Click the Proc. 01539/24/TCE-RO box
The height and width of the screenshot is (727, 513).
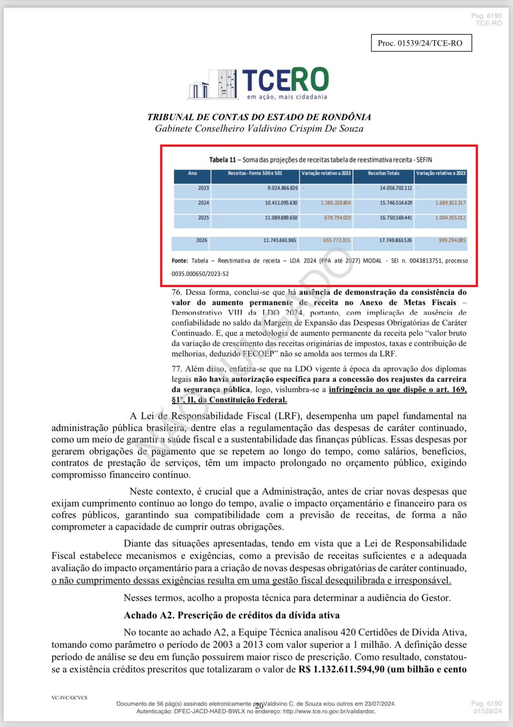421,43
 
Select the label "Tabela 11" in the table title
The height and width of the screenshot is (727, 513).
222,160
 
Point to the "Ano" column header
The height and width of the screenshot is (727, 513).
192,173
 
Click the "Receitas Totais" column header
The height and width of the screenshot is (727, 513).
383,173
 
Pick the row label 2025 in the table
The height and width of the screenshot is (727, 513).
203,218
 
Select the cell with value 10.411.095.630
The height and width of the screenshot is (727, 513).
281,203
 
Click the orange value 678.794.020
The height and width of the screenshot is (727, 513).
337,218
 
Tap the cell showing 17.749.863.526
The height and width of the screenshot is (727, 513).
395,240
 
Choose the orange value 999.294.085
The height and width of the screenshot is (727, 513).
452,240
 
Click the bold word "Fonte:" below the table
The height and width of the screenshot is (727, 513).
180,261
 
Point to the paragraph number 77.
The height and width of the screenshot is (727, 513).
176,369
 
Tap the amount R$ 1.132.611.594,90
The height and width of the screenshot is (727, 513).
341,669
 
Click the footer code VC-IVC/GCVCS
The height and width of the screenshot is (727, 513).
69,697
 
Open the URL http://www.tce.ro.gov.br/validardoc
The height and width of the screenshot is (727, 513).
329,711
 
